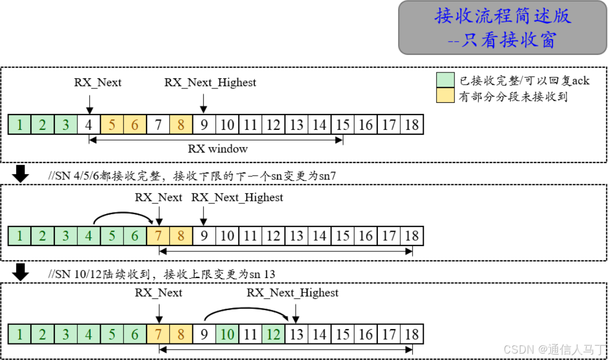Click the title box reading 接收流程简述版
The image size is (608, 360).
(502, 27)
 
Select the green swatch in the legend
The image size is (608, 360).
(445, 80)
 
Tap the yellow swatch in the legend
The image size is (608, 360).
(445, 96)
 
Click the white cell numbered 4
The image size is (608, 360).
(89, 125)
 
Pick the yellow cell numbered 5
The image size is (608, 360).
(112, 125)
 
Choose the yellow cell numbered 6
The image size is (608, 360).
(135, 125)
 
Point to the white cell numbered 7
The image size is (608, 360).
(158, 125)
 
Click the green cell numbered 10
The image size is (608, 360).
(228, 334)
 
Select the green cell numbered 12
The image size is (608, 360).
(273, 334)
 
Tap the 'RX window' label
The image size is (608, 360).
(218, 149)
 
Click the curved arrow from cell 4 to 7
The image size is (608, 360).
(124, 213)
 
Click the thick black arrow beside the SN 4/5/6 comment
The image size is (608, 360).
(21, 174)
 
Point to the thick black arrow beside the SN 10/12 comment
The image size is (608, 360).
(21, 272)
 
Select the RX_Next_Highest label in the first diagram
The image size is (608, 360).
(210, 83)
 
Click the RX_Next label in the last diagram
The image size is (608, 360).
(158, 292)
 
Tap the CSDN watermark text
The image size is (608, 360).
(554, 349)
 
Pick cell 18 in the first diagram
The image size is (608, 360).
(412, 125)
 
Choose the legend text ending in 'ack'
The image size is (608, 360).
(524, 81)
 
